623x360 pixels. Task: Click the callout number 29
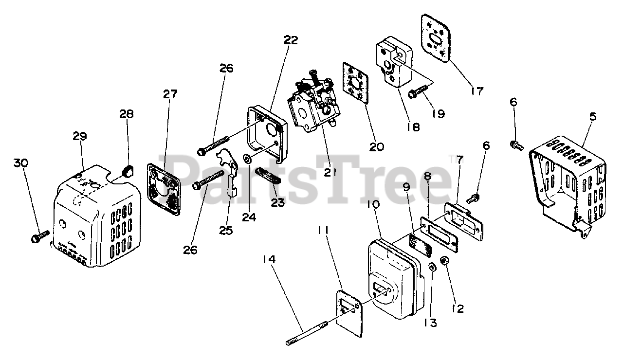point(80,137)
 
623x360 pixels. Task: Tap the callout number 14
point(269,260)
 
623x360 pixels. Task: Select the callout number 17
point(477,90)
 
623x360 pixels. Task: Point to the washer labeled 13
point(432,267)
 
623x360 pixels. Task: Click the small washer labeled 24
point(247,159)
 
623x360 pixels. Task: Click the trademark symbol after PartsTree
point(452,158)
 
